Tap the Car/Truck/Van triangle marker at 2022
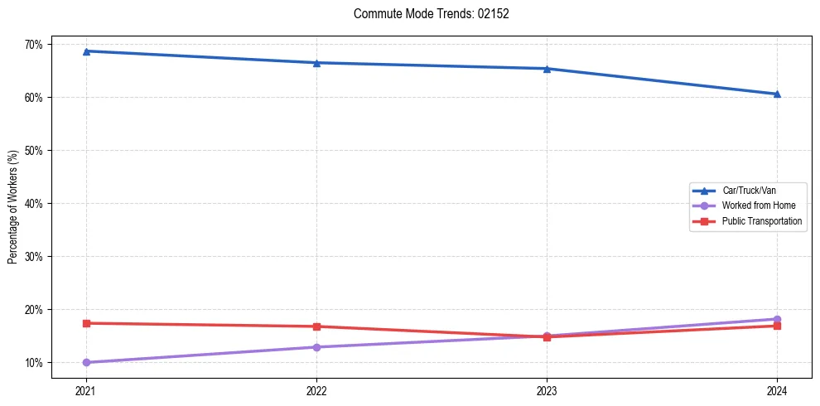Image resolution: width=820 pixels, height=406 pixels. (316, 63)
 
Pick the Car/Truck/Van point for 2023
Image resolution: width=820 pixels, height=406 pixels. (547, 69)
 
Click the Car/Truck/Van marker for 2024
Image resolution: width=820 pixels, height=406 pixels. (777, 94)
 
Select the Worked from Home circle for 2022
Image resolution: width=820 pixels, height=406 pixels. (316, 347)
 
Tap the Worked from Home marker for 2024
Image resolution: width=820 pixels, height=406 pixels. (777, 319)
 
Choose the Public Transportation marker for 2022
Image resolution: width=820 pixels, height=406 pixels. (316, 326)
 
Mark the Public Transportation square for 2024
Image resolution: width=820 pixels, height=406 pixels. (777, 326)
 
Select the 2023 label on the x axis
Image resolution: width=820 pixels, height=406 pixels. (547, 389)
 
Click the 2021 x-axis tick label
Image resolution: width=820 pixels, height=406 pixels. (85, 389)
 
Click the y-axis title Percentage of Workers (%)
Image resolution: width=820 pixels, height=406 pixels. (13, 207)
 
